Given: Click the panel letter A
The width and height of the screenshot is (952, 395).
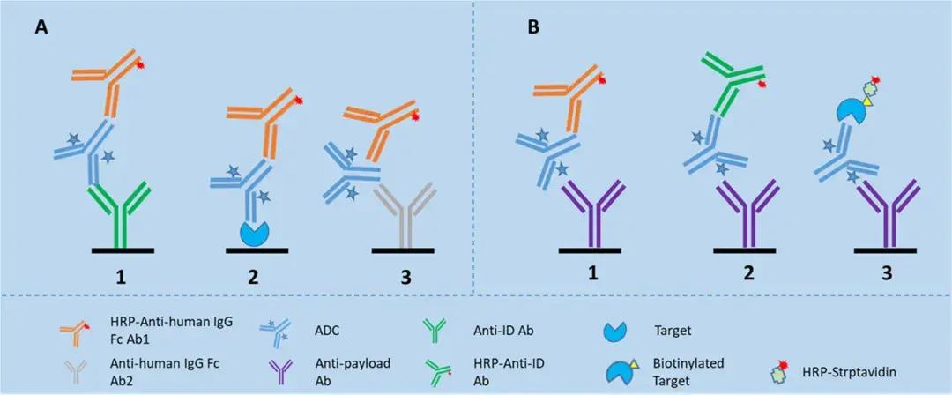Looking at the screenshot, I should (41, 27).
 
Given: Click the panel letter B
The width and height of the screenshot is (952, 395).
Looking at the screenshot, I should (534, 27).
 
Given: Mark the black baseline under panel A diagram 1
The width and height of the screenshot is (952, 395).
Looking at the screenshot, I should (123, 250).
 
